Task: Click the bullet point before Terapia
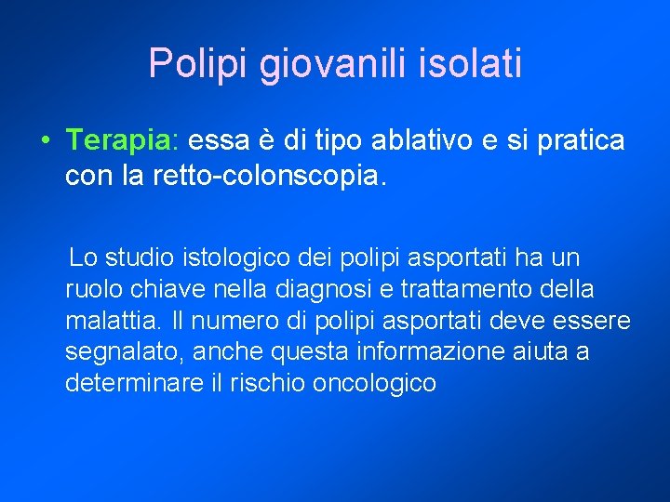45,141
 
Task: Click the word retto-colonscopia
263,174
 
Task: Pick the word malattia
112,321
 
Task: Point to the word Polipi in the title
199,65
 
